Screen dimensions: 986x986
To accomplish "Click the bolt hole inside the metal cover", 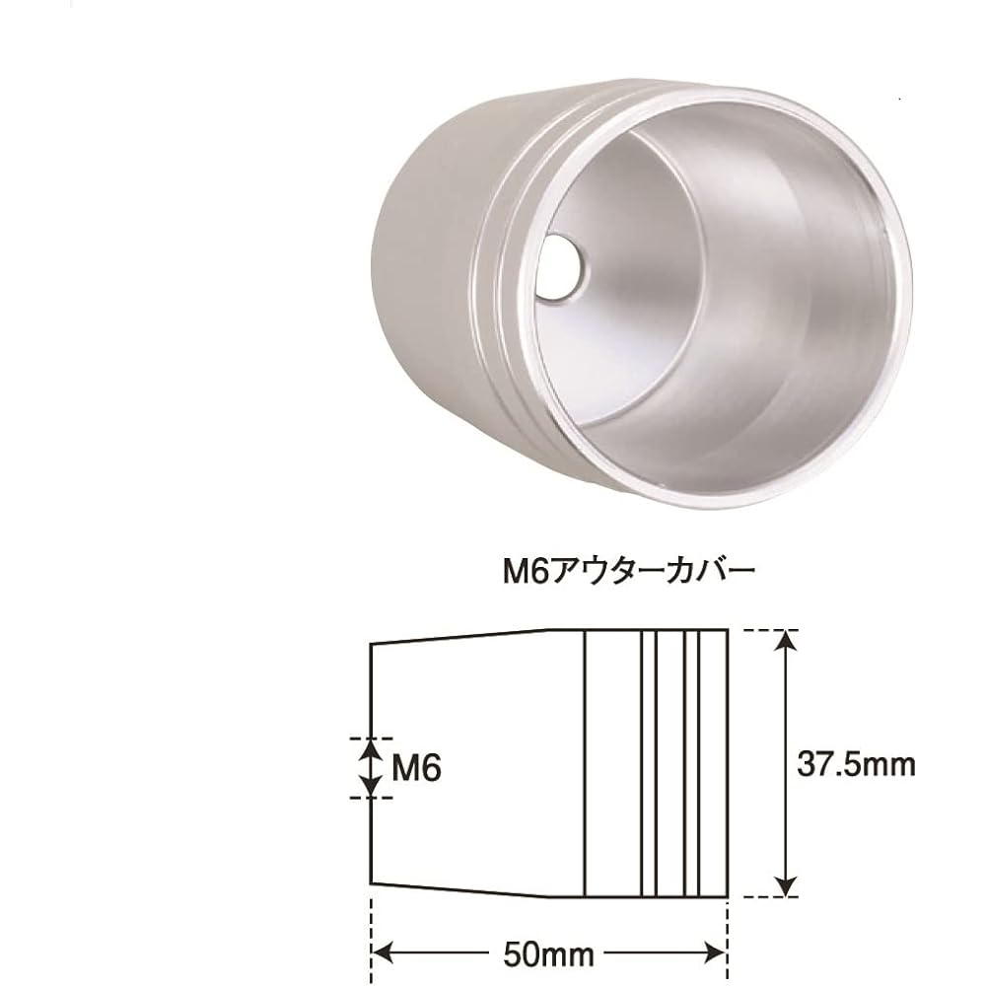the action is coord(561,268).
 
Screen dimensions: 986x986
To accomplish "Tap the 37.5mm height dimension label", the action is coord(856,765).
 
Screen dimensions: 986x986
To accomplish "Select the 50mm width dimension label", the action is coord(548,954).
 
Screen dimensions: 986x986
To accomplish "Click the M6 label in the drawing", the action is coord(416,767).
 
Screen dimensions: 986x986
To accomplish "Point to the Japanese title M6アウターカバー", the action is coord(627,572).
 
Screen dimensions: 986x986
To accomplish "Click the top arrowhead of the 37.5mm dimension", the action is coord(786,642).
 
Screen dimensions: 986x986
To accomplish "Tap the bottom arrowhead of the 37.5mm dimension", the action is coord(786,884).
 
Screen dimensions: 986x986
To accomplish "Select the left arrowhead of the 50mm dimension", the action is coord(383,953).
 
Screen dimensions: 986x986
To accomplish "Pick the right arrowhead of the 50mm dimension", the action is coord(715,953).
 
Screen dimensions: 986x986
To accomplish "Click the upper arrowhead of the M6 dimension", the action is coord(371,749).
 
